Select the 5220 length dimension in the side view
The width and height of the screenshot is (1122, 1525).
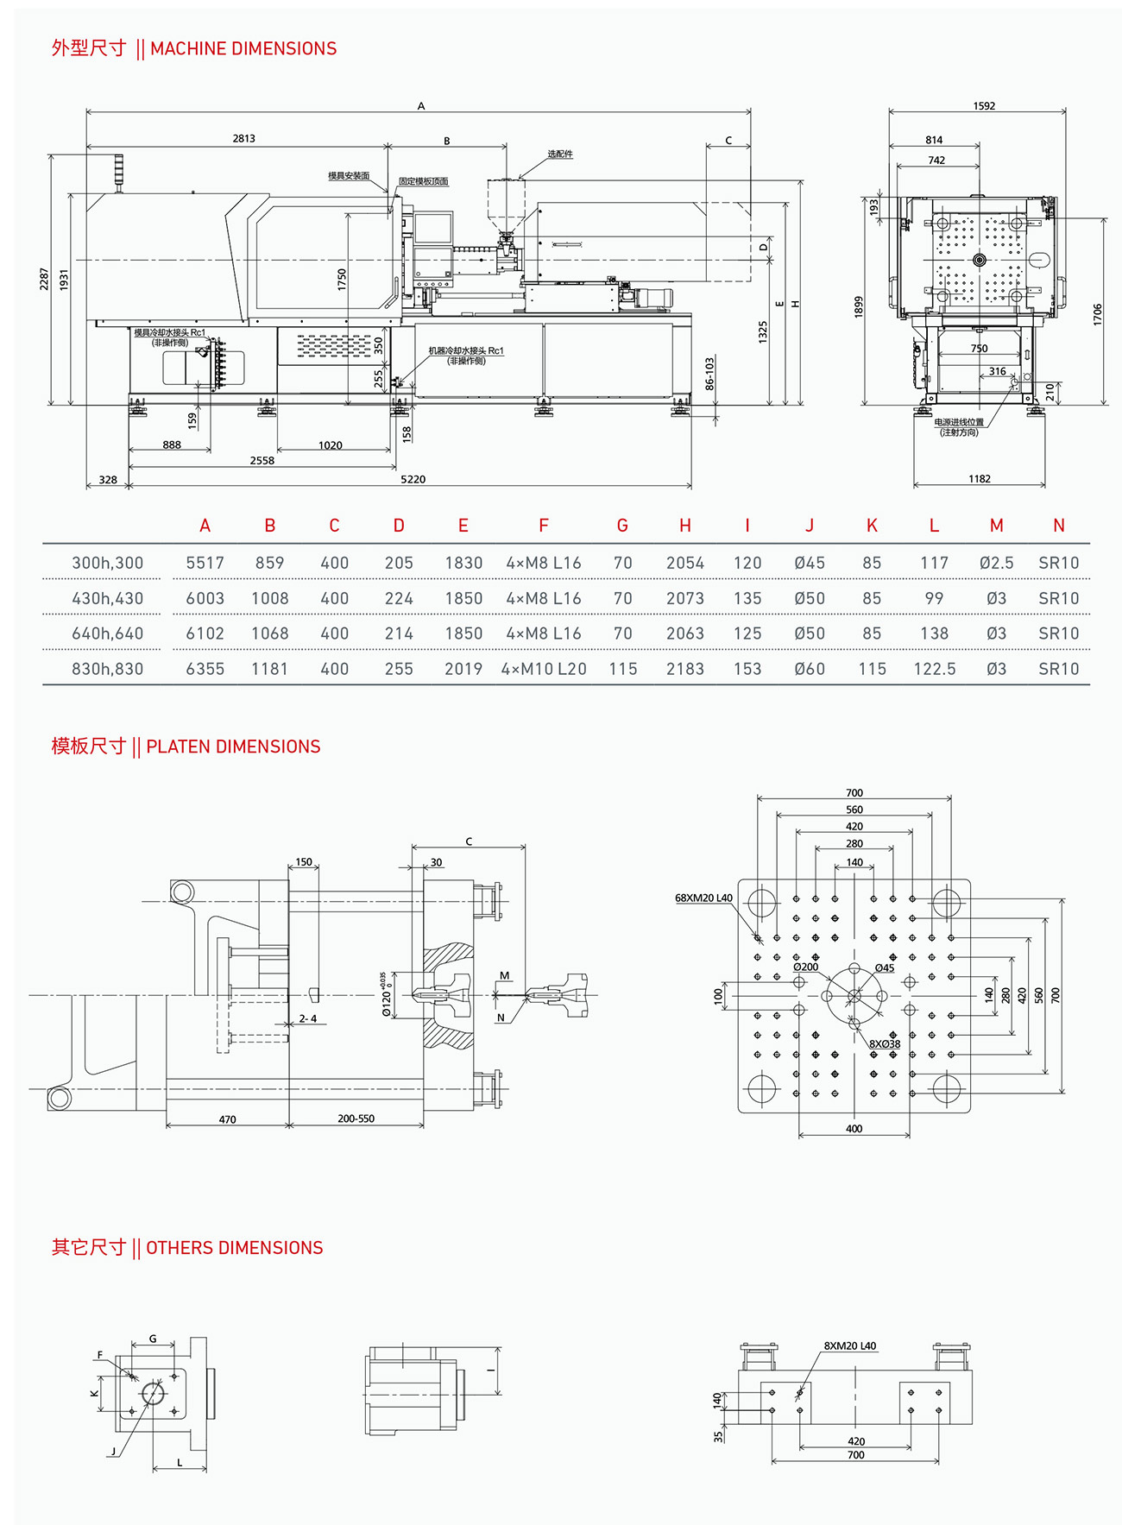pos(413,479)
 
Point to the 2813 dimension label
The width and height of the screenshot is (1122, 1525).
pos(243,138)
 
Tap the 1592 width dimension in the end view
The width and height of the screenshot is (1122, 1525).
pos(984,106)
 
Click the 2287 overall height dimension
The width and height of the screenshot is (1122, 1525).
pos(44,278)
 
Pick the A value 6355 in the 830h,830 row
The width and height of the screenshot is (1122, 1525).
pos(205,669)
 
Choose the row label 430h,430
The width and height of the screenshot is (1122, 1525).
pos(107,598)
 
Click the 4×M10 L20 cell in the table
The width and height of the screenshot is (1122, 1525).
pos(544,669)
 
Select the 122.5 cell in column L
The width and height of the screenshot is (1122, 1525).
pos(934,669)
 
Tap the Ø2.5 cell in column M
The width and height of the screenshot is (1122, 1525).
pos(996,563)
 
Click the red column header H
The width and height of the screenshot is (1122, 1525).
pos(684,526)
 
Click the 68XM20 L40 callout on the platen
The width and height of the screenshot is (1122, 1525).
pos(703,898)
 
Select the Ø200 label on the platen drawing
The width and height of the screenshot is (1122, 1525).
pos(805,967)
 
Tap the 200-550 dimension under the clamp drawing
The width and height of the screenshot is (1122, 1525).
pos(356,1119)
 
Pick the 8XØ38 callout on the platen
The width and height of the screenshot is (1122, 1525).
pos(884,1043)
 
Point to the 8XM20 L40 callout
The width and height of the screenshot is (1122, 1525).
pos(849,1345)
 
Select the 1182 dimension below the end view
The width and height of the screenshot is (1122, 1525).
pos(979,479)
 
